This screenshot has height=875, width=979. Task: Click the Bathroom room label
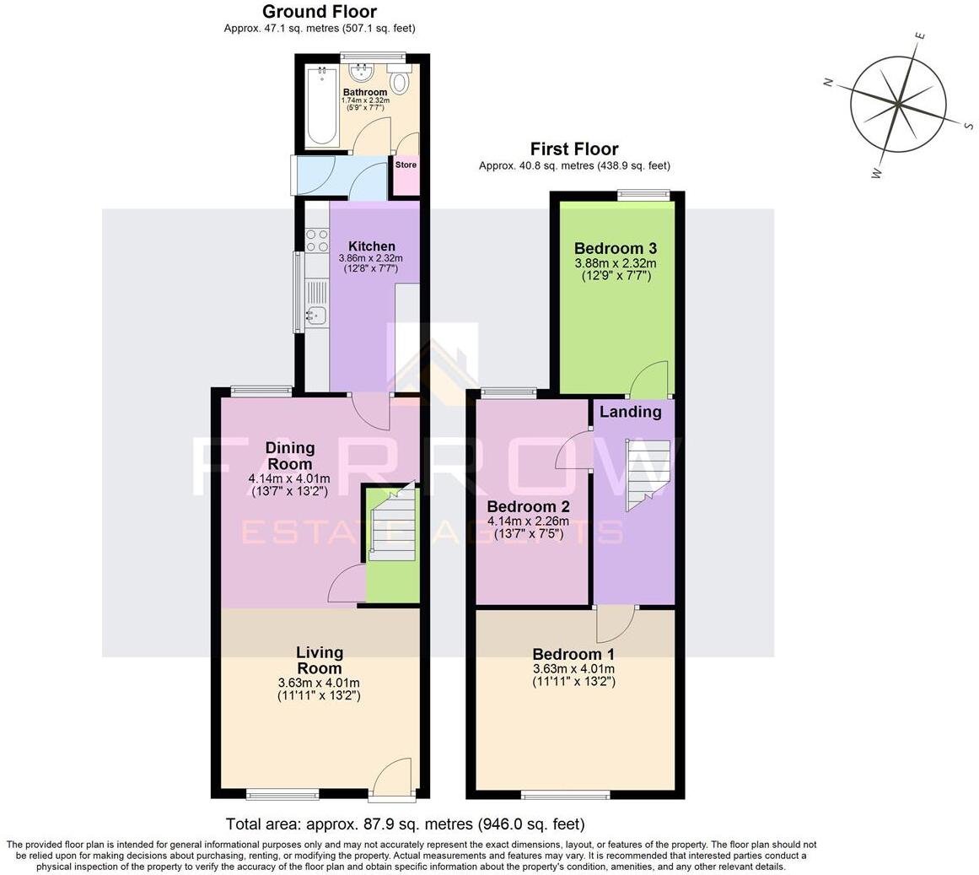click(365, 92)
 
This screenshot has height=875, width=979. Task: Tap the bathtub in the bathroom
click(321, 106)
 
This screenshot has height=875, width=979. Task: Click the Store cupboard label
click(406, 165)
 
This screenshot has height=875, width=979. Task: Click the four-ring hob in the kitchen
click(317, 240)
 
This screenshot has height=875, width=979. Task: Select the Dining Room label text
click(289, 456)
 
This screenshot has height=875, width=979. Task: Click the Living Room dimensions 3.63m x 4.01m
click(319, 683)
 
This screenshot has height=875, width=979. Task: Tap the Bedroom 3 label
click(615, 248)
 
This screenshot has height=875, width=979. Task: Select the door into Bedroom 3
click(649, 380)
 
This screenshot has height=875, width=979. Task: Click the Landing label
click(630, 412)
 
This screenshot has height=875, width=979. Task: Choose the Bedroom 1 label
click(573, 654)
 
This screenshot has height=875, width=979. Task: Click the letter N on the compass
click(828, 82)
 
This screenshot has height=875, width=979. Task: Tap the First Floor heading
click(573, 149)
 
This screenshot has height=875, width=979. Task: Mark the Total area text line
click(405, 824)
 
